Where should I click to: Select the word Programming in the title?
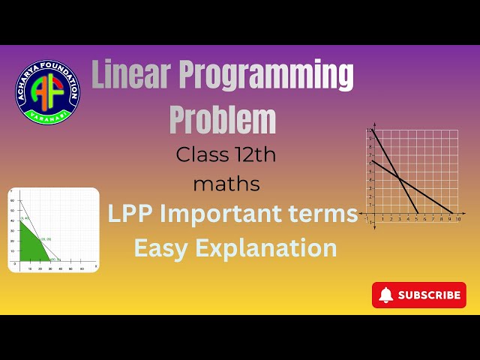[x=268, y=76]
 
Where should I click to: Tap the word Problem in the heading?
[x=222, y=119]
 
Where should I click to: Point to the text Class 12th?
[x=226, y=155]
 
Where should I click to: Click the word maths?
[x=226, y=182]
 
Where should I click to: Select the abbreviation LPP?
[x=130, y=214]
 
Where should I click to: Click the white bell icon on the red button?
[x=385, y=295]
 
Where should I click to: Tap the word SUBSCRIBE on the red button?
[x=429, y=295]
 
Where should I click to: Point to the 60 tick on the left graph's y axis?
[x=12, y=199]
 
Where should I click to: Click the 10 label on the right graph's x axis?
[x=457, y=218]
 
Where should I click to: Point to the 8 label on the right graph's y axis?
[x=369, y=147]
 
